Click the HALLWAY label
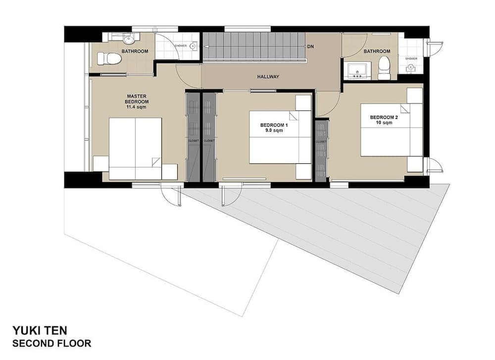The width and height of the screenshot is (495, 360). click(268, 77)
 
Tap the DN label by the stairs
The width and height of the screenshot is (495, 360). click(310, 47)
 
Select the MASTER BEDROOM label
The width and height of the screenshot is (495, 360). click(135, 99)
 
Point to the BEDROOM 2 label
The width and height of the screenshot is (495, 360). click(384, 117)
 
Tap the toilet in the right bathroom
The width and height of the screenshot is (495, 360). click(384, 68)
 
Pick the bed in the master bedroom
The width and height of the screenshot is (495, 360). click(135, 148)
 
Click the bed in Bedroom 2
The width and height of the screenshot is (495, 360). click(391, 130)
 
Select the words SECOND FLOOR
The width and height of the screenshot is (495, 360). click(51, 343)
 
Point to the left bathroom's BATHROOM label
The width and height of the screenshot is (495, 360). click(135, 51)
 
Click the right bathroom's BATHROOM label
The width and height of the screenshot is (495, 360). click(377, 51)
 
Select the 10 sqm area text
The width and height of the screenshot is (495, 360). click(383, 123)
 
